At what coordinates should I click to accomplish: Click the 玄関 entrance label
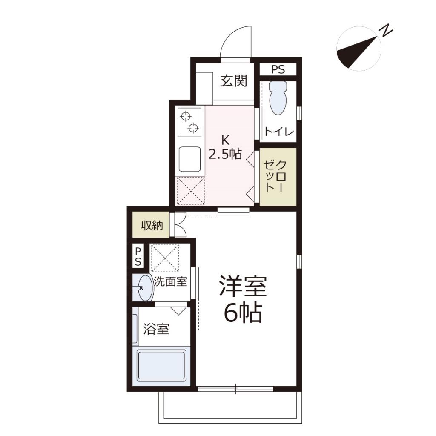pos(234,81)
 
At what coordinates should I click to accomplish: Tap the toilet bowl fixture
pos(278,98)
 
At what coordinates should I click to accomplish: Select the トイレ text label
pos(279,132)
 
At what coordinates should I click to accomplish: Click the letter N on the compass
pos(387,31)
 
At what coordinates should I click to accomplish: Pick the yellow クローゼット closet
pos(278,176)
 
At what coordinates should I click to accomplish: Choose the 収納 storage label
pos(152,226)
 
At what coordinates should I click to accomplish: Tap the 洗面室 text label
pos(170,281)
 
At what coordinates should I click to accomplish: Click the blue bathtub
pos(161,365)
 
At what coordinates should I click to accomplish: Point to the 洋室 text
pos(243,286)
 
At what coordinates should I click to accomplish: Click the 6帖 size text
pos(243,314)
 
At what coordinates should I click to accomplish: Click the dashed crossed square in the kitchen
pos(190,190)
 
